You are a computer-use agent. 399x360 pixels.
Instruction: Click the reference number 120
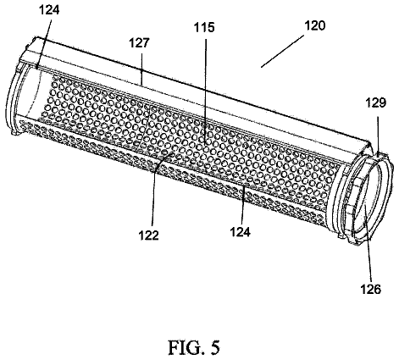(x=315, y=25)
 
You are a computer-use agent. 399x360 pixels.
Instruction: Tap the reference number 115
(x=204, y=27)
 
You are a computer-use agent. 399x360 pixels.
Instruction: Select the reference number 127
(x=139, y=43)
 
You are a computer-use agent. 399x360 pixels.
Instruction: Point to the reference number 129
(x=376, y=102)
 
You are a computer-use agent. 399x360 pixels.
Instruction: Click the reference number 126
(x=371, y=289)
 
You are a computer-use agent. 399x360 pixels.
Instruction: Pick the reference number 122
(x=149, y=235)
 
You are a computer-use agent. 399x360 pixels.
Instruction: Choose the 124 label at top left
(x=49, y=10)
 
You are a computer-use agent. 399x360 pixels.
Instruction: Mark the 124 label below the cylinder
(x=241, y=232)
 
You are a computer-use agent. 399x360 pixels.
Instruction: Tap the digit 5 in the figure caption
(x=215, y=347)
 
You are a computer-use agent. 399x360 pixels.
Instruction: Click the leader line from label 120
(x=282, y=51)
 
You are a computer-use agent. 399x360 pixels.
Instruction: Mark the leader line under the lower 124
(x=242, y=204)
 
